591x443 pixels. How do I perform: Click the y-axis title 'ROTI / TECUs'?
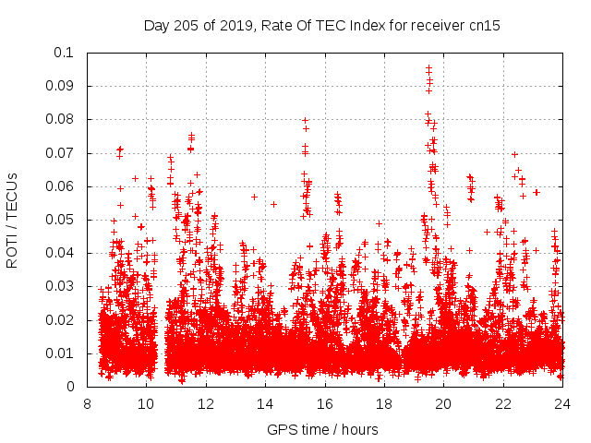pos(12,220)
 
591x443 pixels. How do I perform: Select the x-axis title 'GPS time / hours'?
pos(322,430)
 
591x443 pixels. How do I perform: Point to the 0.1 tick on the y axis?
pos(64,53)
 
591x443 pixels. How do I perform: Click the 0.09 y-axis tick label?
pos(60,86)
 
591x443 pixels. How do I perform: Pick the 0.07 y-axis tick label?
pos(60,153)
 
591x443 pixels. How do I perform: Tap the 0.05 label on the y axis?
pos(60,220)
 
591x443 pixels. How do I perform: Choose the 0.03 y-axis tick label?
pos(60,286)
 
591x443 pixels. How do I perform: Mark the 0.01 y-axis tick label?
pos(60,353)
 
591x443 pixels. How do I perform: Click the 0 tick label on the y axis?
pos(71,387)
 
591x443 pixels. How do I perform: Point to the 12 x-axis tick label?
pos(206,404)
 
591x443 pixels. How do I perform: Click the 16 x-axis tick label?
pos(325,404)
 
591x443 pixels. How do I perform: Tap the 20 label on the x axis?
pos(443,404)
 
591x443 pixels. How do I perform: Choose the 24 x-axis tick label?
pos(562,404)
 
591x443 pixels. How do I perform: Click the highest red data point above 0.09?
pos(428,67)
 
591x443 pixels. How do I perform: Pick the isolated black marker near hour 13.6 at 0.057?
pos(254,197)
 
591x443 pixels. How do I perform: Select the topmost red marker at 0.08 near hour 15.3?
pos(305,120)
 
